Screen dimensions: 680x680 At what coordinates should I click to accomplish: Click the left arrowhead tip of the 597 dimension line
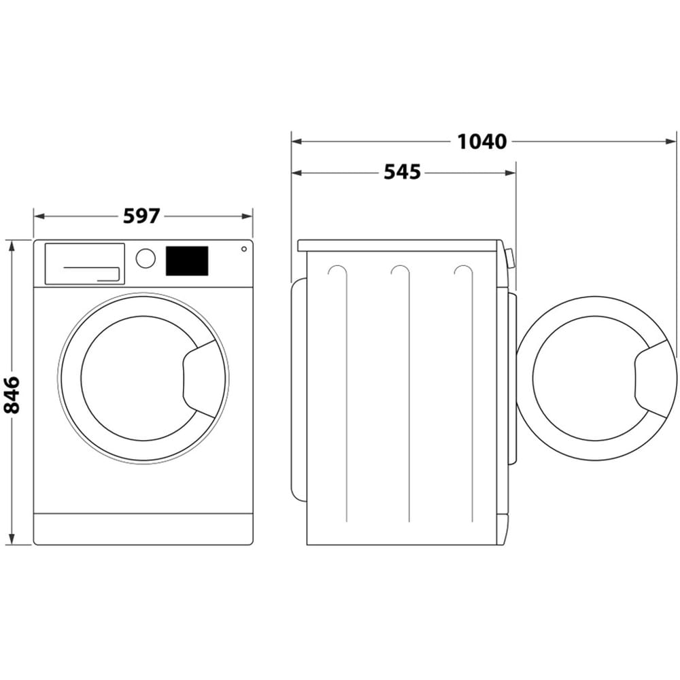coord(34,216)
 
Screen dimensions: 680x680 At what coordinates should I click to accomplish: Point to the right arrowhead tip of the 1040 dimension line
coord(676,141)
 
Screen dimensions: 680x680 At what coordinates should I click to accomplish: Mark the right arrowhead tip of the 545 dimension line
coord(515,173)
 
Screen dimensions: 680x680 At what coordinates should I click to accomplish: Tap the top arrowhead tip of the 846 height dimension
coord(12,240)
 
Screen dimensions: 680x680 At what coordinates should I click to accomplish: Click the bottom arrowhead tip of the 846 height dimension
coord(12,545)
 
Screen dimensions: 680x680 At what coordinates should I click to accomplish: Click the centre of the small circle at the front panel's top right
coord(244,249)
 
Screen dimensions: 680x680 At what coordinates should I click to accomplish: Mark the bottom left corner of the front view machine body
coord(34,545)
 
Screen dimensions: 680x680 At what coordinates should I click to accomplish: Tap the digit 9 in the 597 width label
coord(142,216)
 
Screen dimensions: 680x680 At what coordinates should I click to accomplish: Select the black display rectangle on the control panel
coord(187,261)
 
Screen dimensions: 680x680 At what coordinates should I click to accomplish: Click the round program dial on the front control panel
coord(146,258)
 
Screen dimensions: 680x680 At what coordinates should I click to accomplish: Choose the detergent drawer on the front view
coord(85,264)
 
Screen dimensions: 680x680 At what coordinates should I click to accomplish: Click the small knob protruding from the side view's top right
coord(509,258)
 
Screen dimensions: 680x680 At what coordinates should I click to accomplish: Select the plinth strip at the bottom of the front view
coord(143,529)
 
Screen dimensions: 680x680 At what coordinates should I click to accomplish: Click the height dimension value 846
coord(12,394)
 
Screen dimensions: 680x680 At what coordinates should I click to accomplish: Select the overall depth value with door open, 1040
coord(482,142)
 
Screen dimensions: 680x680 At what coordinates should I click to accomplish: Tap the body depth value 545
coord(403,173)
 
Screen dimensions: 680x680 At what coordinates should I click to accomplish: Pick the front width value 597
coord(142,216)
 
